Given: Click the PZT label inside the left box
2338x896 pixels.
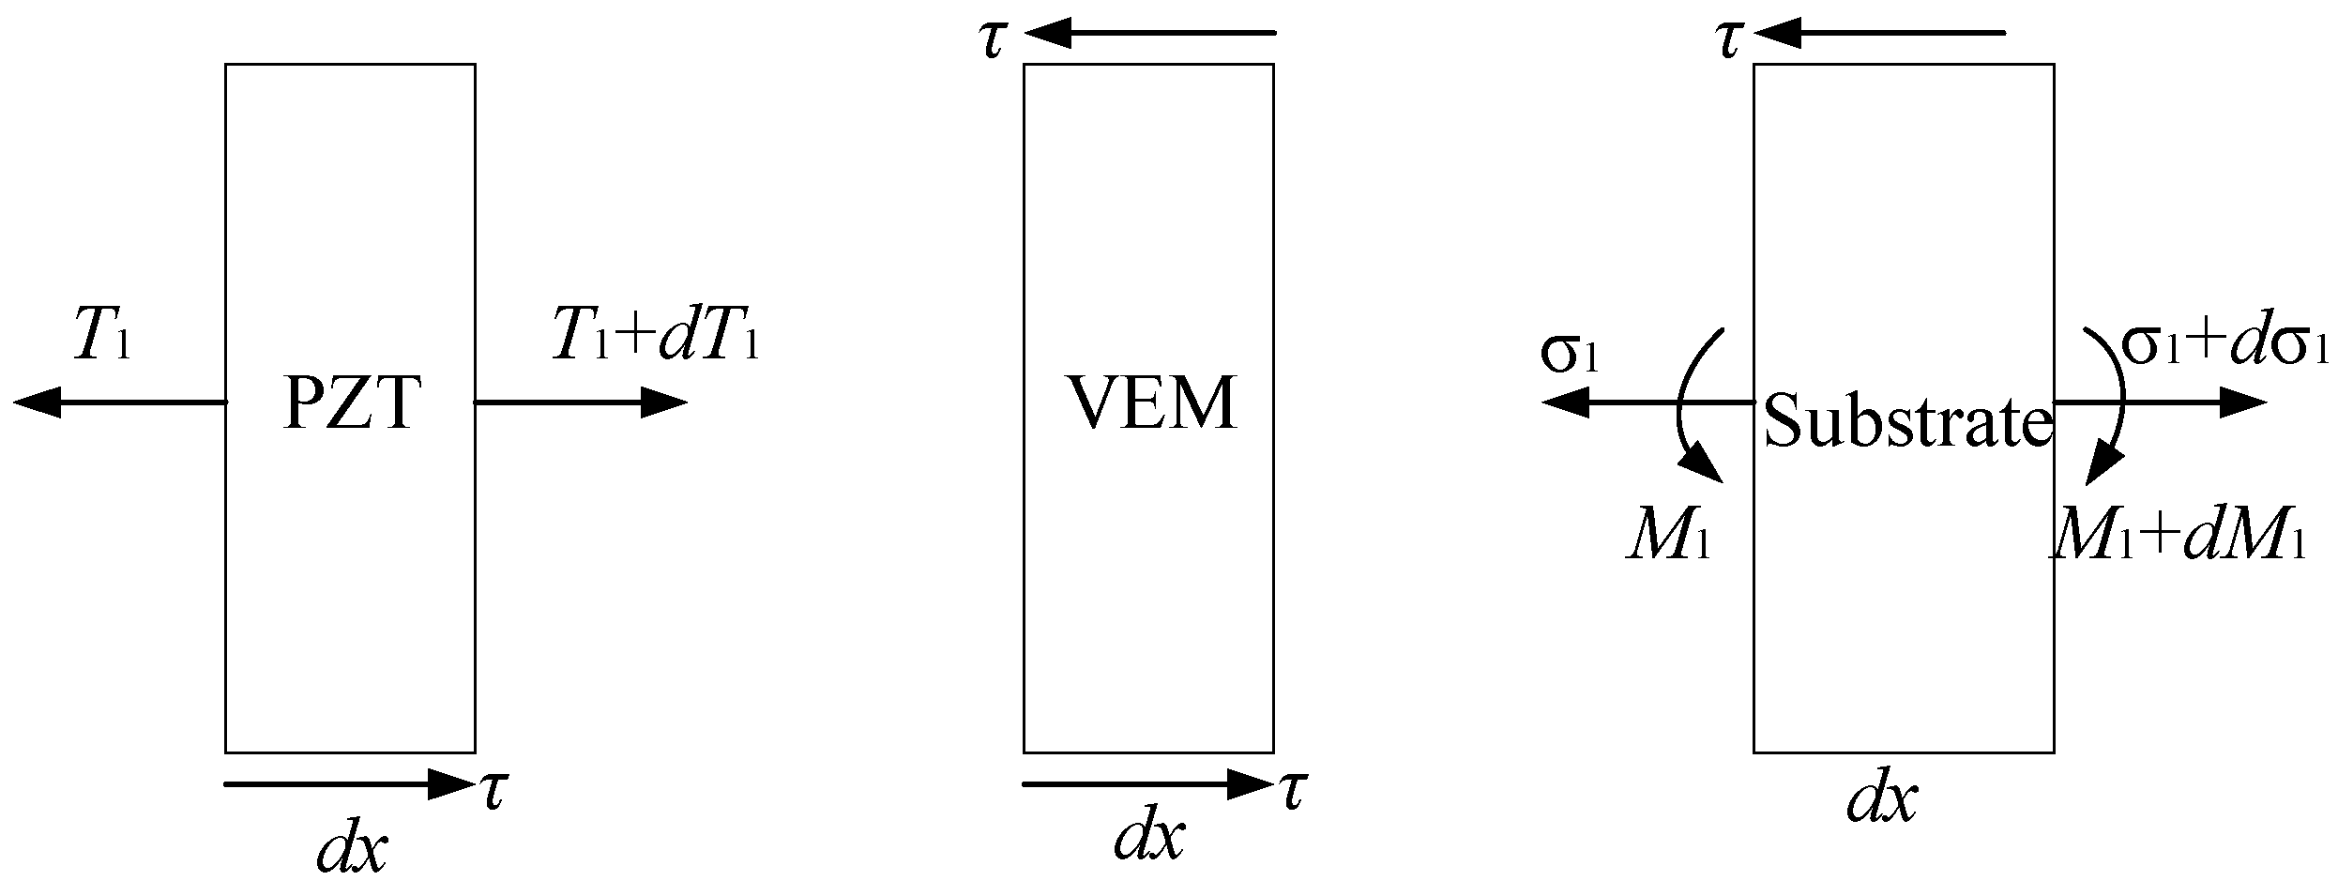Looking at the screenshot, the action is coord(350,404).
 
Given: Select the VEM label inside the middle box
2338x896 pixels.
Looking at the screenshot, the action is coord(1151,404).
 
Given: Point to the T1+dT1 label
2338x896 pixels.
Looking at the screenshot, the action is coord(655,336).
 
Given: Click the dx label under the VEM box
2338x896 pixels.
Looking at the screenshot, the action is coord(1148,837).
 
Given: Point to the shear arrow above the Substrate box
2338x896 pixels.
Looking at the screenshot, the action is coord(1879,34).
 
